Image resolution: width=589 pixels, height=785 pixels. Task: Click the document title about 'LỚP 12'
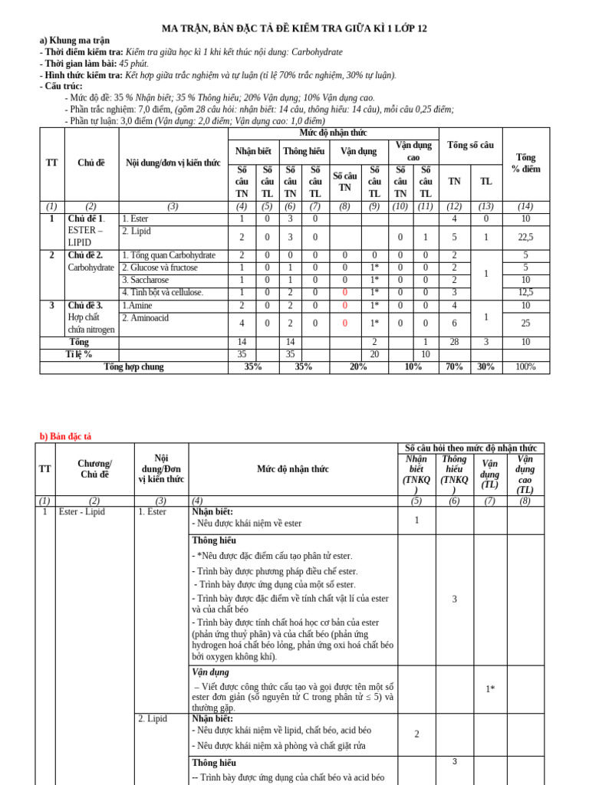point(294,28)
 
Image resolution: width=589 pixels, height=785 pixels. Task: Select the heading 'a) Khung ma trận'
point(74,41)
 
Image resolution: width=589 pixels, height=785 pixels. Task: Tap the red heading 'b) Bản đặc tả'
point(65,436)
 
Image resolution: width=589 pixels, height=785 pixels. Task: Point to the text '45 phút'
point(133,64)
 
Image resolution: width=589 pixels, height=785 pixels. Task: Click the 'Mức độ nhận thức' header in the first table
point(332,133)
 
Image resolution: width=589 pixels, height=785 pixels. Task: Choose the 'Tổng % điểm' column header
point(525,163)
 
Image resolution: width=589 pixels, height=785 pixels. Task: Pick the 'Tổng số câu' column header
point(470,146)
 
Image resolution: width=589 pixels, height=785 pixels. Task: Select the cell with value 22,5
point(525,237)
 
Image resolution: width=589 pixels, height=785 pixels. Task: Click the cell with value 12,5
point(525,292)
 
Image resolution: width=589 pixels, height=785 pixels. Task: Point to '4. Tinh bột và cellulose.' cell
point(162,292)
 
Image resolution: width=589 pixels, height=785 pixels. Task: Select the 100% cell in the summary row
point(525,367)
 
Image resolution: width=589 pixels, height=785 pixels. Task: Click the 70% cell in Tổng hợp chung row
point(454,367)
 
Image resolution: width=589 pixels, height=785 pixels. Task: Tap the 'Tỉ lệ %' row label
point(78,354)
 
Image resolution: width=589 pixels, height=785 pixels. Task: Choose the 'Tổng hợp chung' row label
point(133,367)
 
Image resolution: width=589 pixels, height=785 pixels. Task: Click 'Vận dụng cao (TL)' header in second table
point(525,475)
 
